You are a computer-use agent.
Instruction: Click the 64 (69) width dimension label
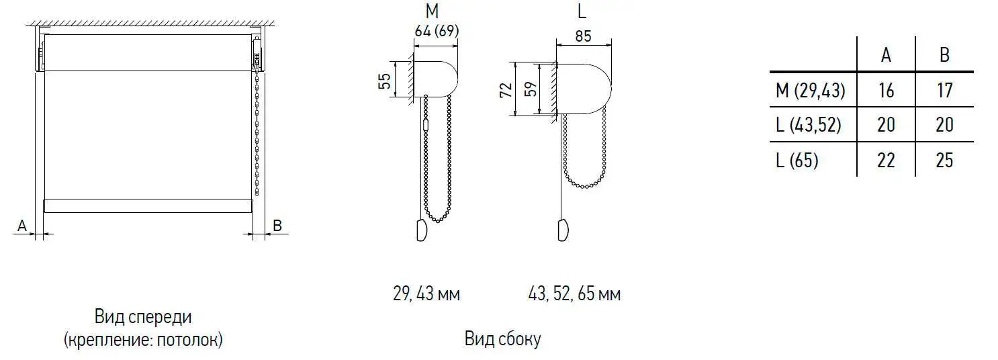tap(436, 31)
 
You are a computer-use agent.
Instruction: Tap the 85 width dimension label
tap(583, 36)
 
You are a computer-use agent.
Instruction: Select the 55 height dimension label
tap(384, 81)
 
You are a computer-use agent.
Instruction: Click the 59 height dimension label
tap(531, 89)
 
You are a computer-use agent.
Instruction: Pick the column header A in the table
tap(886, 55)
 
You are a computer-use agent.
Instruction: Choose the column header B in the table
tap(944, 55)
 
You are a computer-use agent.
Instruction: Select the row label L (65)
tap(797, 160)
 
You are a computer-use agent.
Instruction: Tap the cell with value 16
tap(886, 91)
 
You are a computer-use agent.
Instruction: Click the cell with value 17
tap(944, 91)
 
